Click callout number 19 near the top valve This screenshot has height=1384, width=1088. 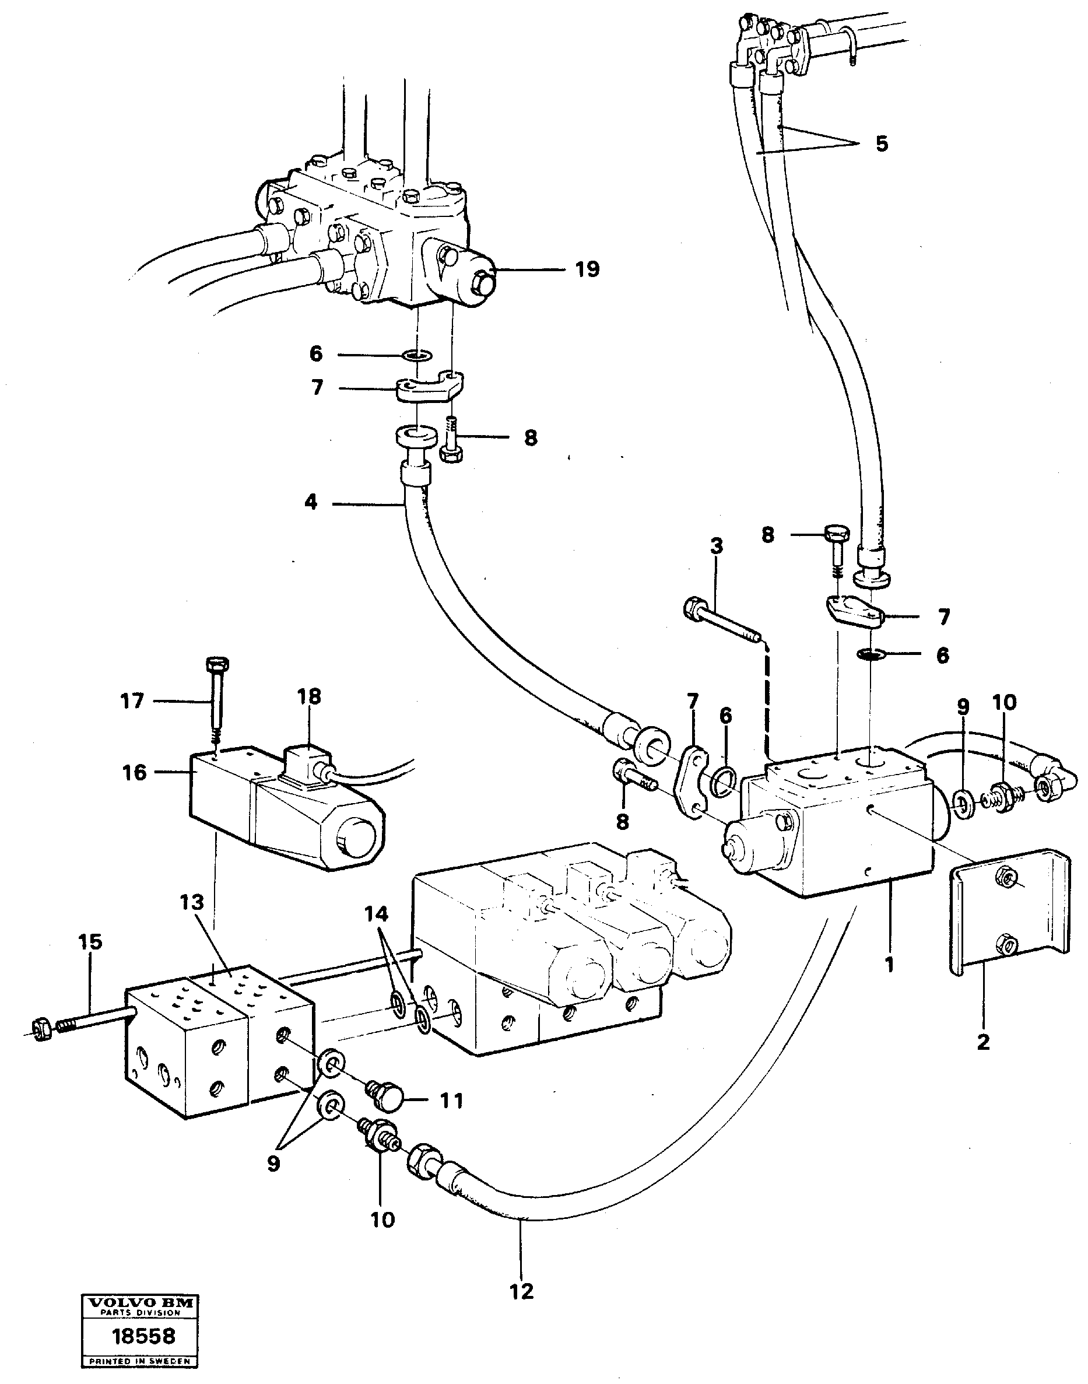pos(587,269)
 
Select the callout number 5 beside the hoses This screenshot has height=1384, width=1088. pos(881,144)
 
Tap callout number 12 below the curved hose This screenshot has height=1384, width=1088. pos(521,1292)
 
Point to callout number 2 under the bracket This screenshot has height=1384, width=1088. pos(983,1042)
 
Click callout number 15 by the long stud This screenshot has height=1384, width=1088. pos(90,942)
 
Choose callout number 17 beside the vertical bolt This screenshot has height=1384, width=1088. pos(132,702)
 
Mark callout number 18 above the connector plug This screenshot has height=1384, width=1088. pos(309,696)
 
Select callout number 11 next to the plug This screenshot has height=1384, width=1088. pos(452,1101)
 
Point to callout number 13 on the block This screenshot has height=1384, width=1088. pos(192,902)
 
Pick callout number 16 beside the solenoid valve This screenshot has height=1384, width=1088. pos(135,773)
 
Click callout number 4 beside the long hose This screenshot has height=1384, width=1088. pos(310,503)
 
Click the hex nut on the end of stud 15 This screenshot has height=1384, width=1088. pos(41,1031)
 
